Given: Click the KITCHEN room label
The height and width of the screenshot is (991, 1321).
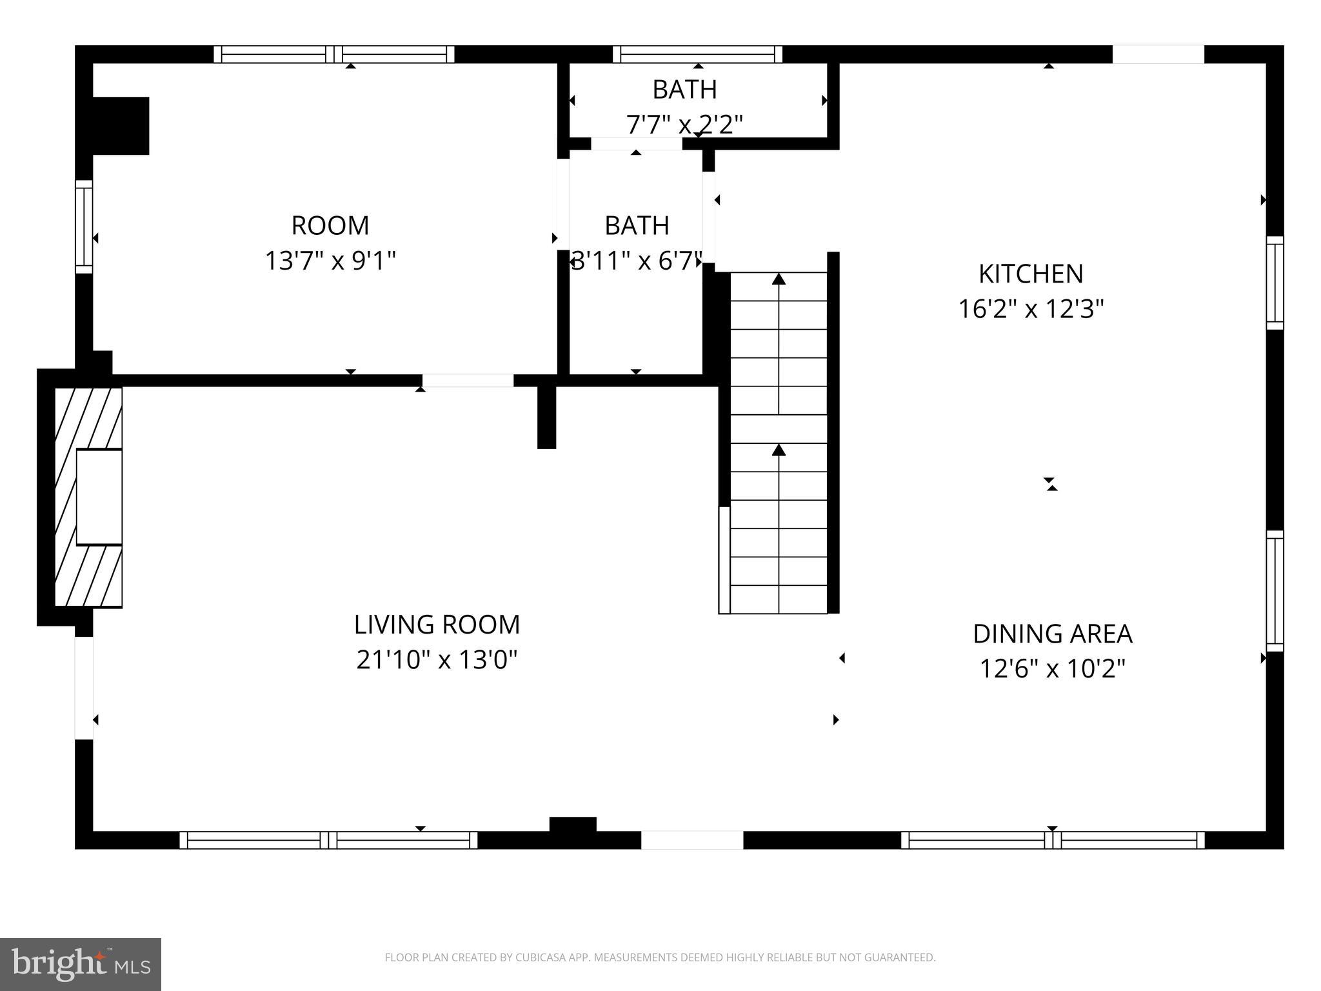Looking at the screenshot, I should (x=1030, y=274).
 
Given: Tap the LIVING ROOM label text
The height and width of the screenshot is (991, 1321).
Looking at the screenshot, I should (x=437, y=625).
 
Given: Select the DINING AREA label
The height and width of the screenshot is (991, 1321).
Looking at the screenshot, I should (x=1052, y=634).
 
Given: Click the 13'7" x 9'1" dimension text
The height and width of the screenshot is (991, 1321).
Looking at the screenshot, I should (x=330, y=261).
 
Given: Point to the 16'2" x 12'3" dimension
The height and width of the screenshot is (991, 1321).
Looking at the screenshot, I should (x=1030, y=309).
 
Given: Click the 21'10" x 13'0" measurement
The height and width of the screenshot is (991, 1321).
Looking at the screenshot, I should (x=437, y=660).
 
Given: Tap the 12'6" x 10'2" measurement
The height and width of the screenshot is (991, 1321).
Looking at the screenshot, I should (x=1052, y=669).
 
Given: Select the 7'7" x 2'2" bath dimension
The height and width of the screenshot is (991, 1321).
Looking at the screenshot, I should (x=684, y=124).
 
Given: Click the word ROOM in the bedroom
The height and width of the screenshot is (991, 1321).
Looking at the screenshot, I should (x=330, y=226).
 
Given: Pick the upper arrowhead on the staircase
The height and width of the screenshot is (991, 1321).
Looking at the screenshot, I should (x=779, y=279).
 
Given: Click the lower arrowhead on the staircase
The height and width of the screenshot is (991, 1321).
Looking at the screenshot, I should (x=779, y=450).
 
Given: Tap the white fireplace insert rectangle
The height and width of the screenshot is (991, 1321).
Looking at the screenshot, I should (x=99, y=497).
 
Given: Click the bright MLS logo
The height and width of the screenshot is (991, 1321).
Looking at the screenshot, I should (x=80, y=964).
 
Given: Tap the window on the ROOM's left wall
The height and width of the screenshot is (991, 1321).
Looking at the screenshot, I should (x=84, y=226).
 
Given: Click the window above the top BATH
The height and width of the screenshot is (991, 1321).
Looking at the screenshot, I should (x=697, y=54).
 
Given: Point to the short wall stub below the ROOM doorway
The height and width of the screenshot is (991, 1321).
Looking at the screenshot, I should (x=546, y=416).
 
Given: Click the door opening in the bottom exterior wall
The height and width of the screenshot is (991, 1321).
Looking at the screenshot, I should (x=691, y=840).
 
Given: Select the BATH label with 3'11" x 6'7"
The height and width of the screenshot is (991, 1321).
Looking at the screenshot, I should (x=636, y=226).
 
